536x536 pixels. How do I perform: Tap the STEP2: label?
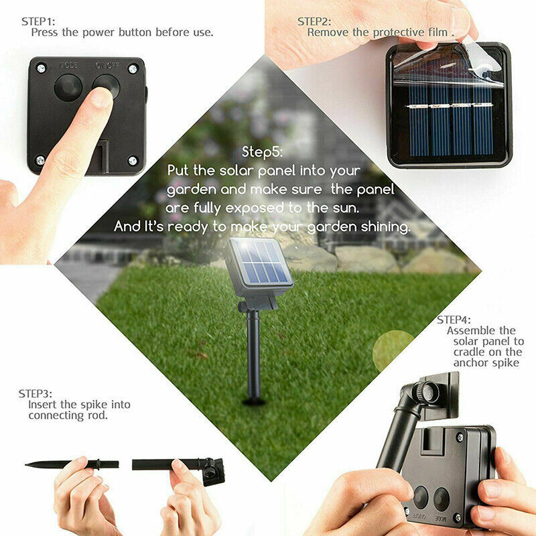[314, 21]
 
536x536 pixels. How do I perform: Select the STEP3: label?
[36, 393]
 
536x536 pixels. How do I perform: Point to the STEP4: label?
[454, 320]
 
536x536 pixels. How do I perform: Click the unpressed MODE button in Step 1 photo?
[68, 87]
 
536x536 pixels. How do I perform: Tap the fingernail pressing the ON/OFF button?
[101, 98]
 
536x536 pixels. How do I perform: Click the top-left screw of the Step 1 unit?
[41, 68]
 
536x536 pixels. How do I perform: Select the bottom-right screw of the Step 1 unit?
[133, 160]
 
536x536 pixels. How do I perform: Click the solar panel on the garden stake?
[259, 263]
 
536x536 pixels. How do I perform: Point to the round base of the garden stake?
[255, 402]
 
